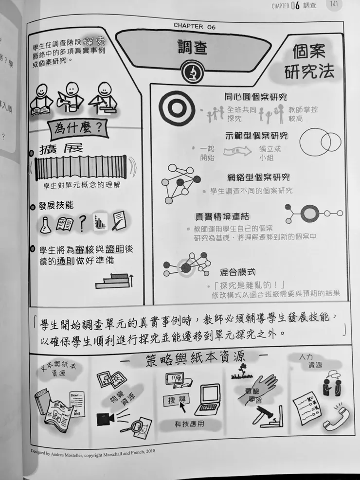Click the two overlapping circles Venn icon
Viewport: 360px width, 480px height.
(320, 142)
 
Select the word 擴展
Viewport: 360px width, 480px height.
(61, 149)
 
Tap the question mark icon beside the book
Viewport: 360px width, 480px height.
(82, 223)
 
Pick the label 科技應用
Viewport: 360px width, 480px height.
(189, 424)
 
